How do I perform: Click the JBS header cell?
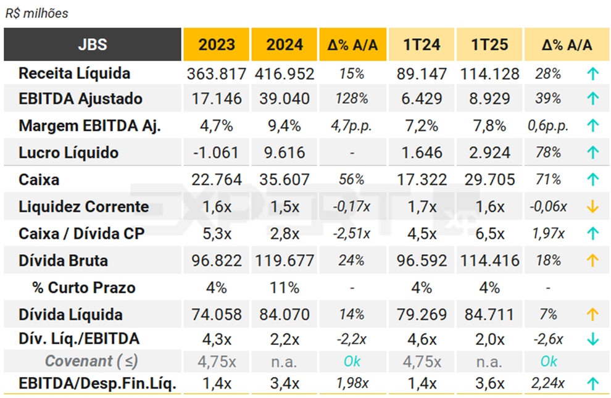(x=93, y=44)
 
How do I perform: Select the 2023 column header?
(x=217, y=44)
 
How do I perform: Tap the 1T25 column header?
(x=490, y=44)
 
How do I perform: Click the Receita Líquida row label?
(x=74, y=73)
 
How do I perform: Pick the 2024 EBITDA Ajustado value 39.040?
(x=285, y=99)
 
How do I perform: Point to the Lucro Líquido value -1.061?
(x=217, y=152)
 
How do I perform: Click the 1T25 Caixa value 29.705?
(x=490, y=180)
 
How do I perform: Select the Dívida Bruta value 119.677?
(x=285, y=260)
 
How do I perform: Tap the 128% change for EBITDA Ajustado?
(x=351, y=99)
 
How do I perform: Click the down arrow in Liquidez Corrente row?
(x=592, y=207)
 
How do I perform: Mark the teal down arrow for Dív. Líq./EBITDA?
(x=592, y=339)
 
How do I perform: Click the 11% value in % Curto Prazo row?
(x=285, y=288)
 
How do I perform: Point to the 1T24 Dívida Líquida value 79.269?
(x=422, y=315)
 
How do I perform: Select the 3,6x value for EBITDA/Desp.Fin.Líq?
(x=490, y=383)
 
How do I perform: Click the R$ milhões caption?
(x=36, y=13)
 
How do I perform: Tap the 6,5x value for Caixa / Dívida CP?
(x=490, y=234)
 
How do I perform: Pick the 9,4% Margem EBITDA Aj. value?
(x=285, y=126)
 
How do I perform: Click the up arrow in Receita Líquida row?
(x=592, y=74)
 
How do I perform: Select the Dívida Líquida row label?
(x=70, y=315)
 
